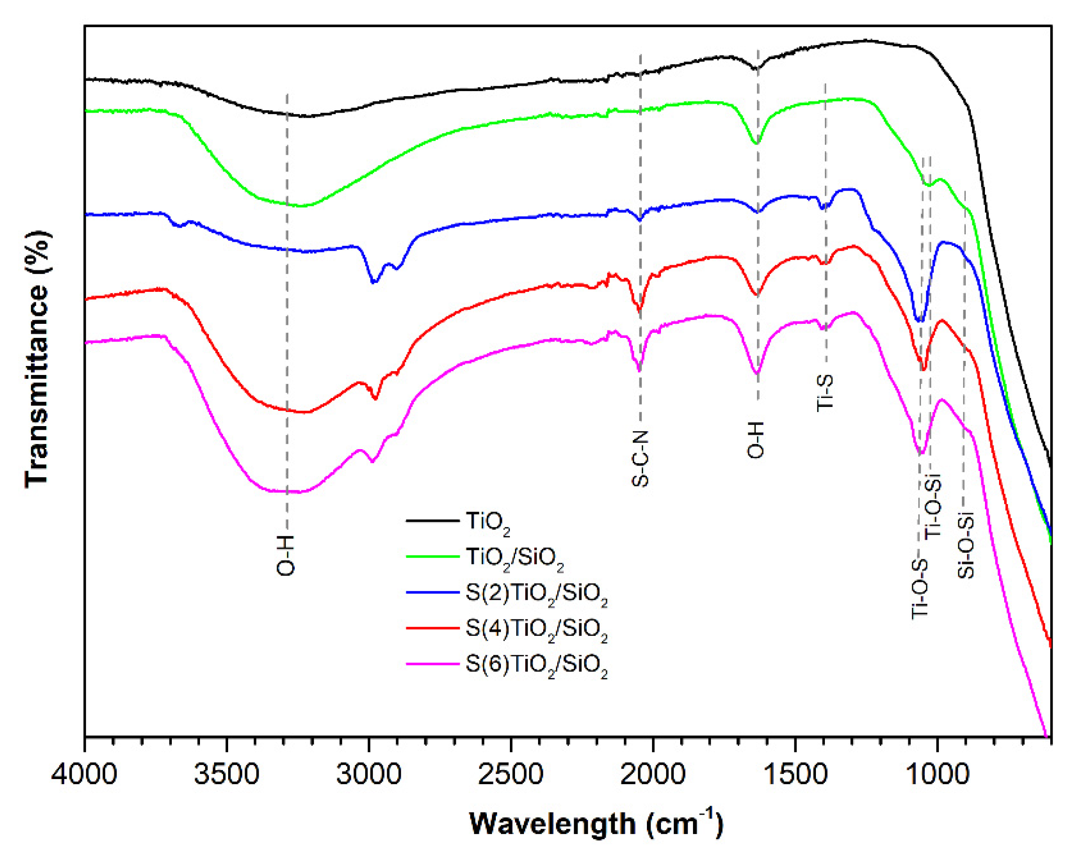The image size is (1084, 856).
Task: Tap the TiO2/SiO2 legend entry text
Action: (x=515, y=558)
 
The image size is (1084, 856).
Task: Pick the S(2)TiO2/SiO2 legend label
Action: (x=537, y=593)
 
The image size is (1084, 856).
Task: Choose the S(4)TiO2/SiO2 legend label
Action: (x=537, y=629)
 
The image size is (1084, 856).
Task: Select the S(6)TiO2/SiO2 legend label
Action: (x=537, y=665)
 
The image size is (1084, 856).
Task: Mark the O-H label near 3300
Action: (x=286, y=555)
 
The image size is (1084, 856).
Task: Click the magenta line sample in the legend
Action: (x=432, y=664)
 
